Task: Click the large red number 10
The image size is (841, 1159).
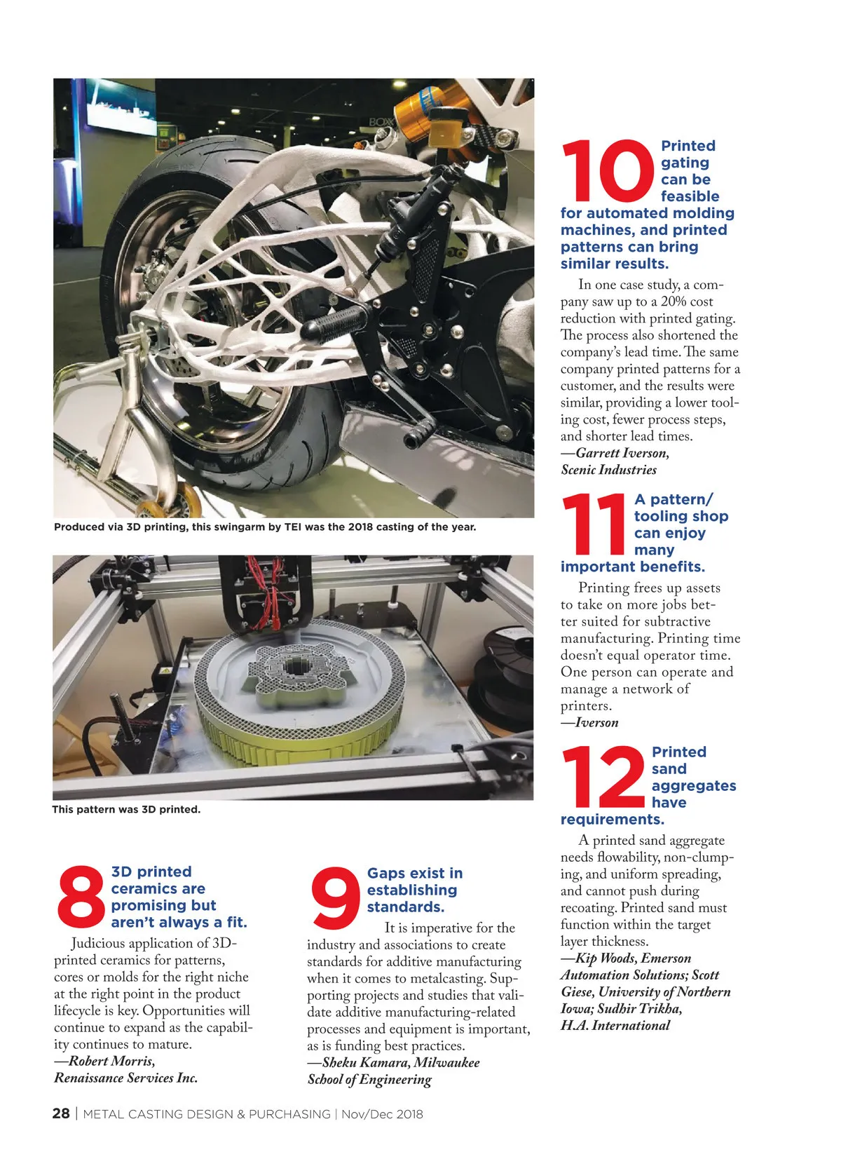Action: coord(607,171)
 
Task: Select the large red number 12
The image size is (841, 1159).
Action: coord(603,777)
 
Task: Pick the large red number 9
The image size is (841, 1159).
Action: coord(335,897)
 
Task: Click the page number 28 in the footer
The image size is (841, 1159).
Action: coord(61,1113)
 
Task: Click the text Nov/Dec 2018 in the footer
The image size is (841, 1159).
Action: coord(382,1114)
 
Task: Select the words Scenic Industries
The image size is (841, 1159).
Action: coord(608,470)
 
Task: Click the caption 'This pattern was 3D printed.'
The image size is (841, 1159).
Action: coord(126,809)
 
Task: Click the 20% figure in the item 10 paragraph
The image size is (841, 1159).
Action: coord(677,301)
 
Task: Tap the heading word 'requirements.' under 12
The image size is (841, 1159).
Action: coord(612,820)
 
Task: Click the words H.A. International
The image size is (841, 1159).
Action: coord(615,1025)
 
